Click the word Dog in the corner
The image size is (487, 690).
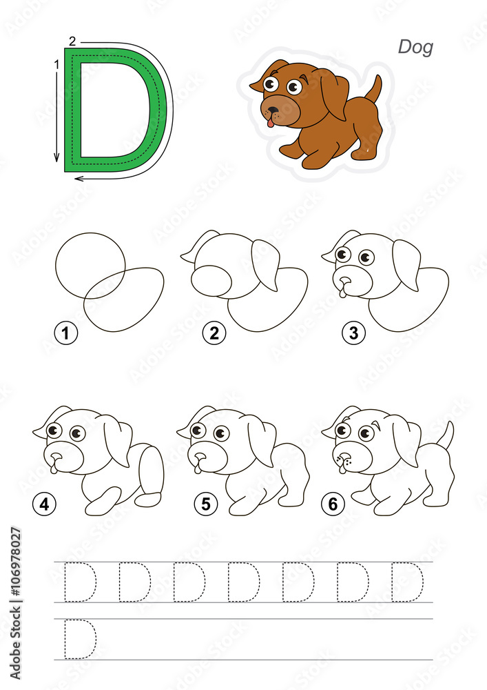coord(415,47)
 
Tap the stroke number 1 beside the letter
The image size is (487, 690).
coord(55,64)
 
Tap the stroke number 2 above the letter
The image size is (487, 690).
coord(72,41)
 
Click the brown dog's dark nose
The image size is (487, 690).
coord(273,110)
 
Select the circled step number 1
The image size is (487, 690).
coord(66,334)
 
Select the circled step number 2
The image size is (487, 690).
coord(214,334)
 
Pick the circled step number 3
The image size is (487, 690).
coord(353,334)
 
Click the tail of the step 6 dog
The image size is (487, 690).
coord(446,435)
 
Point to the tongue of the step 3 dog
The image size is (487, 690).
coord(342,293)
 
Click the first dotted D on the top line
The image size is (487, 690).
coord(80,582)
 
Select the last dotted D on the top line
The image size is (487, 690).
coord(408,582)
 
